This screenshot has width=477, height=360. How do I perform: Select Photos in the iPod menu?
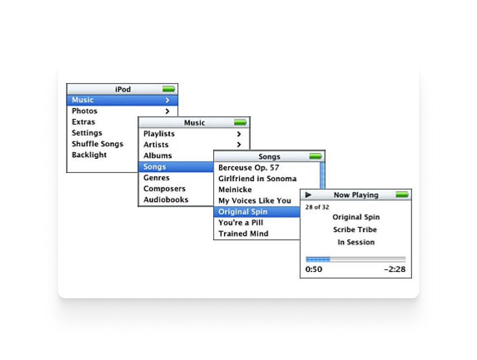(85, 111)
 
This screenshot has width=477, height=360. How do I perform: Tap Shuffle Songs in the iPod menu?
(97, 144)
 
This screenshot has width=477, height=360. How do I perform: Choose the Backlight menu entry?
(89, 155)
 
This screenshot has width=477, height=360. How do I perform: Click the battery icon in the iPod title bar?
(169, 89)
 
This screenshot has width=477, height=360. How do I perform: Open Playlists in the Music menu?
(159, 134)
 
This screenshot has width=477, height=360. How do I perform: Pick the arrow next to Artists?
(239, 145)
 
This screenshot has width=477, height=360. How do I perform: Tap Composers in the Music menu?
(164, 189)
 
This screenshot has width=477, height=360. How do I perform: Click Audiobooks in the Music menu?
(166, 200)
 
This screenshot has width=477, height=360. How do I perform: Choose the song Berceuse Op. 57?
(249, 168)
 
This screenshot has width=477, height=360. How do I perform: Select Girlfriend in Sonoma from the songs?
(257, 179)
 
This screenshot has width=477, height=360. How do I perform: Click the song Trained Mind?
(243, 234)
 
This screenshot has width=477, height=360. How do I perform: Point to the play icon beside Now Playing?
(308, 195)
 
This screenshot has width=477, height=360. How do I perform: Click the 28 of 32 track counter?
(317, 207)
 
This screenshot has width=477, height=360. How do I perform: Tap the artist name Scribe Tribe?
(355, 230)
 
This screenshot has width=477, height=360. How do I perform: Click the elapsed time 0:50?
(313, 269)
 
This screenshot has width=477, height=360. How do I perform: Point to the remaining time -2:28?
(394, 269)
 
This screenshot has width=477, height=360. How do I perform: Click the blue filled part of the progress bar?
(318, 259)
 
